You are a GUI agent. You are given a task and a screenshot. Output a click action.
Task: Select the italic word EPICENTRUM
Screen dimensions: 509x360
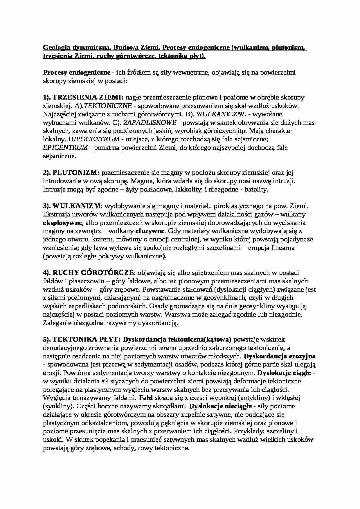65,148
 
